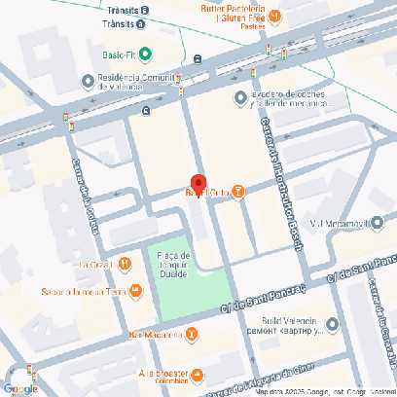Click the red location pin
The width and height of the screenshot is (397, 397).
point(198,184)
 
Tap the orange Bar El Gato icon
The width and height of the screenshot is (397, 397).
point(238,191)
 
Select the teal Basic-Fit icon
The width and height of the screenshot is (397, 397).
point(145,54)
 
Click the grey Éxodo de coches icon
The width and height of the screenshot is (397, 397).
point(240,97)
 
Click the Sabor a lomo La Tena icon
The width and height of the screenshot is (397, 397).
point(135,290)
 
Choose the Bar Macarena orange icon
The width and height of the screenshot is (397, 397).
point(191,334)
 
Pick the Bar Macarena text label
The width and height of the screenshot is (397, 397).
point(155,334)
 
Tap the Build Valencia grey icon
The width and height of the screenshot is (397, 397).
point(334,325)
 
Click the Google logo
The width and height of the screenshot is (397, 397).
point(20,388)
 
